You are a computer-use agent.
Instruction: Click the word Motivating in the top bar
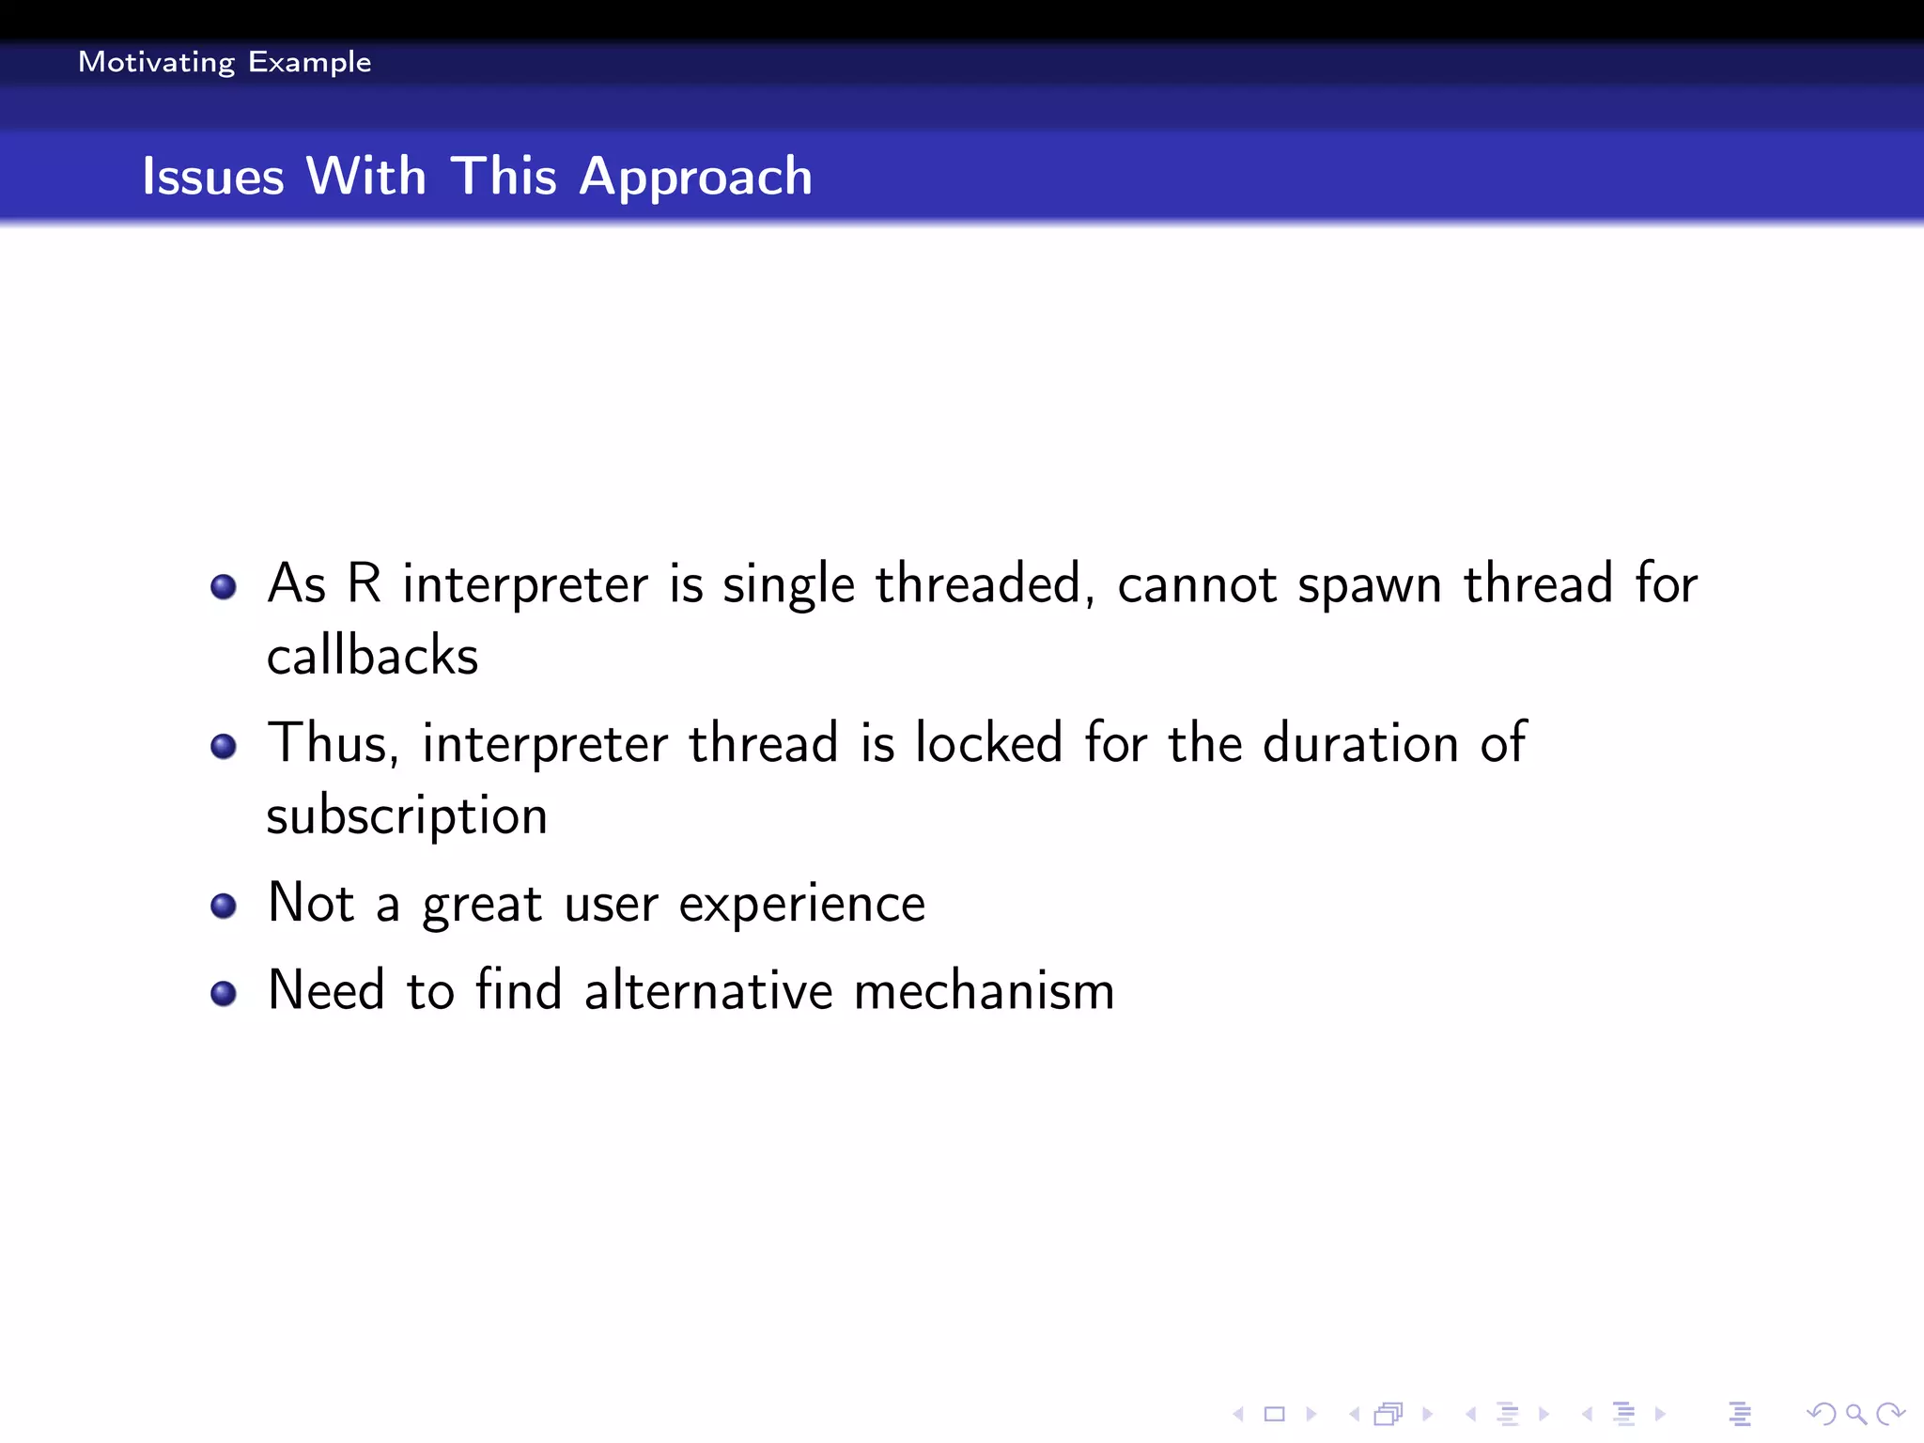(156, 62)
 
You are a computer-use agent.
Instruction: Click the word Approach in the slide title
(695, 177)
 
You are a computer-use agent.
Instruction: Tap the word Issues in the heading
(212, 177)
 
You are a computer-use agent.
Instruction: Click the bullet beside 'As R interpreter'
(224, 587)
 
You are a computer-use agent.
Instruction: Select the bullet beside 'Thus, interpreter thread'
(224, 747)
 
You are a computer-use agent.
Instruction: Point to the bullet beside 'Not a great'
(224, 906)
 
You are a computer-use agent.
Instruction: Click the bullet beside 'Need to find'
(224, 993)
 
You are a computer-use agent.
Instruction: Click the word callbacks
(372, 656)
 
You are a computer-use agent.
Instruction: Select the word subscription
(407, 815)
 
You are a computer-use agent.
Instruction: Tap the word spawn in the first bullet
(1369, 585)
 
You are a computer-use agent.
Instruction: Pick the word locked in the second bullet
(988, 743)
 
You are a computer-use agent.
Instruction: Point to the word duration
(1360, 743)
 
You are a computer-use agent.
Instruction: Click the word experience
(801, 905)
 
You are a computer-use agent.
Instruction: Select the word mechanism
(984, 991)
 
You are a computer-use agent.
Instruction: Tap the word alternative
(708, 991)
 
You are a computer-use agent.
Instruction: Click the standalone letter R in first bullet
(365, 583)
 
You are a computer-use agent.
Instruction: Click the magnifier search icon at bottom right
(1854, 1413)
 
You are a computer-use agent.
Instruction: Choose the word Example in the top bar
(309, 62)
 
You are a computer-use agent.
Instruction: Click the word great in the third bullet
(482, 905)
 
